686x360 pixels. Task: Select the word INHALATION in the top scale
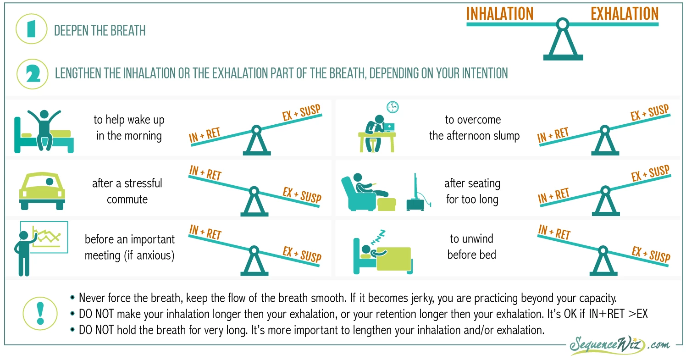(499, 14)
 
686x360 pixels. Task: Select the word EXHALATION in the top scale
(625, 14)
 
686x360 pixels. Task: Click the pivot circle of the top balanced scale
(563, 24)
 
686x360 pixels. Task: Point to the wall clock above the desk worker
(393, 107)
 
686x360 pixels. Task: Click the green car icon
(42, 191)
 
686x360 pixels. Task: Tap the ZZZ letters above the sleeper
(378, 238)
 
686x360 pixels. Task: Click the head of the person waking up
(44, 114)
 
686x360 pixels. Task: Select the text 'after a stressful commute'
(127, 191)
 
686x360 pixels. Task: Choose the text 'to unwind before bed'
(471, 247)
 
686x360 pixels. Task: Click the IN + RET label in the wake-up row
(205, 135)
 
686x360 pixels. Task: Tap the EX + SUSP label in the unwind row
(651, 254)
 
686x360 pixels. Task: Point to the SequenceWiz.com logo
(619, 345)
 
